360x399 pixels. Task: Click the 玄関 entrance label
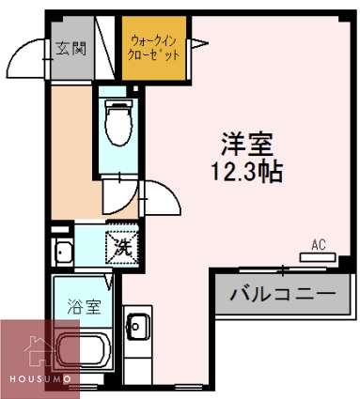(x=69, y=49)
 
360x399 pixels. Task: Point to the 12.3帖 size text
(x=247, y=173)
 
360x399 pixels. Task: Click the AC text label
(x=318, y=246)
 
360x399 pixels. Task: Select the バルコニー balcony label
(x=283, y=294)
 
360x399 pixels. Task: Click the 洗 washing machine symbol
(x=121, y=248)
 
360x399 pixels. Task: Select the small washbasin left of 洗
(x=63, y=252)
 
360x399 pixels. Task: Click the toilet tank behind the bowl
(x=117, y=104)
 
